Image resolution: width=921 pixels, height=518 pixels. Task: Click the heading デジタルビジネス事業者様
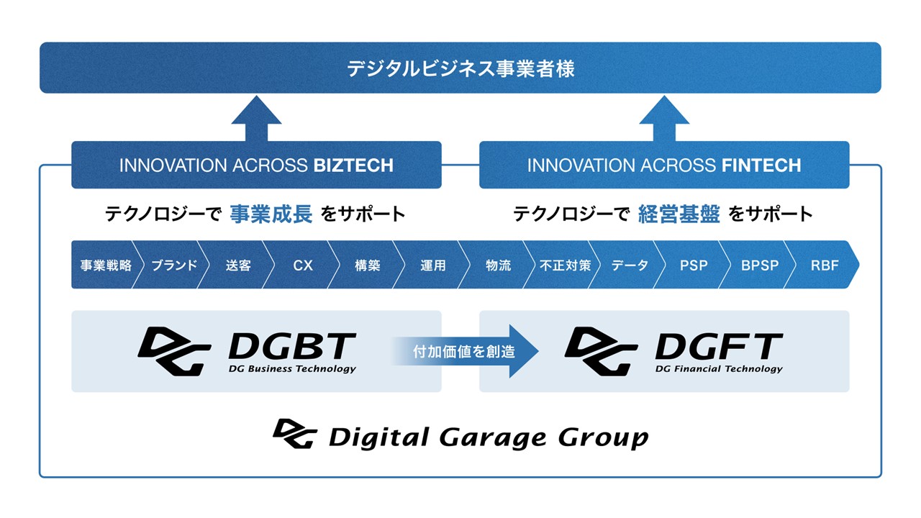460,69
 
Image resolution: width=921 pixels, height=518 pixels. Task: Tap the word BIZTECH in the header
353,165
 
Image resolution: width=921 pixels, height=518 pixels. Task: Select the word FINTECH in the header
761,165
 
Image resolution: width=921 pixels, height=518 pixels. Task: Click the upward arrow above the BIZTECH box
256,119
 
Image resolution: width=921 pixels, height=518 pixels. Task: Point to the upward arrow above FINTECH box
664,119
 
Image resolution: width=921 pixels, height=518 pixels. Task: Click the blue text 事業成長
271,214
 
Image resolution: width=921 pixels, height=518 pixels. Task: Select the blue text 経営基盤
679,214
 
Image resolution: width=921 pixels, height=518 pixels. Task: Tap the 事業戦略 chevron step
106,265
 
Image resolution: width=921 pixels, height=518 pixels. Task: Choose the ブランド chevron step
173,265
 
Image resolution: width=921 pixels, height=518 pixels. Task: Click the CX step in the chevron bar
303,265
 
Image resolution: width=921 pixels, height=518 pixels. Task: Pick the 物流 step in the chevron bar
498,265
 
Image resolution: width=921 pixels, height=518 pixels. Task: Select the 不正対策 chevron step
565,265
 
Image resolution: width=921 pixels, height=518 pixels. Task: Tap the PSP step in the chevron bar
694,265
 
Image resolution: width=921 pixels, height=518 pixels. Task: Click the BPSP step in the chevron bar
760,265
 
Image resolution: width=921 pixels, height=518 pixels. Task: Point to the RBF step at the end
825,265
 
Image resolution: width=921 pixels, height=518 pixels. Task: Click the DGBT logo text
291,347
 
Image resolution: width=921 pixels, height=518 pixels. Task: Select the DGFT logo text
718,347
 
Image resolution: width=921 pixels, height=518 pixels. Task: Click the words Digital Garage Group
488,437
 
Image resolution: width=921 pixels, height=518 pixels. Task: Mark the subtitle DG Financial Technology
718,369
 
